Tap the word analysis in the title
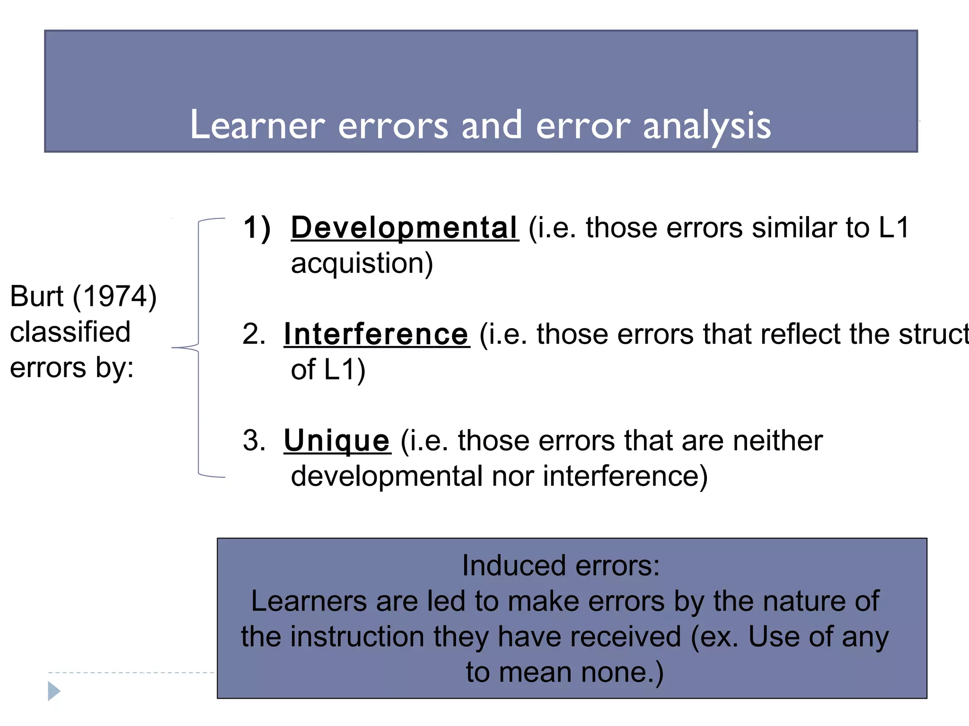coord(707,126)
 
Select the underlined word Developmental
coord(405,228)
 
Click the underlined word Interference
coord(377,334)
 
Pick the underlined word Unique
coord(337,441)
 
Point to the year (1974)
coord(115,297)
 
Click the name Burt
coord(36,297)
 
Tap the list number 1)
coord(257,228)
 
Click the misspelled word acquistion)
coord(362,263)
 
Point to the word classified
coord(70,332)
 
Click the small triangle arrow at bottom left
coord(54,691)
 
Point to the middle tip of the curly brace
coord(173,348)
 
